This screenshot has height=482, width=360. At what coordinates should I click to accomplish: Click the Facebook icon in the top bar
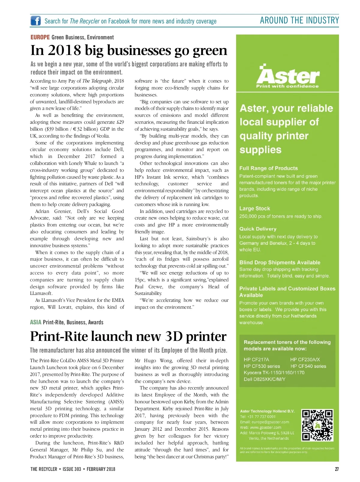pyautogui.click(x=36, y=21)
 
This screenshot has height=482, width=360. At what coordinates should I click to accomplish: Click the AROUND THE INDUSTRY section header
pyautogui.click(x=299, y=20)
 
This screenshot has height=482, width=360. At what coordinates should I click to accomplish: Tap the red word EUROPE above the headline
pyautogui.click(x=40, y=37)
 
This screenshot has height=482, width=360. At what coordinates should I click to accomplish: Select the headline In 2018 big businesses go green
pyautogui.click(x=129, y=50)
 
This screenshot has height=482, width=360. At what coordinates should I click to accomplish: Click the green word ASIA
pyautogui.click(x=35, y=322)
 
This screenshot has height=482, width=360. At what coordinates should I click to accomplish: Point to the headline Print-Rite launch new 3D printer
pyautogui.click(x=128, y=336)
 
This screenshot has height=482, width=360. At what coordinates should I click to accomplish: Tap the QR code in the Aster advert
pyautogui.click(x=317, y=425)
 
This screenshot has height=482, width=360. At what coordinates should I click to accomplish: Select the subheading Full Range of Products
pyautogui.click(x=268, y=168)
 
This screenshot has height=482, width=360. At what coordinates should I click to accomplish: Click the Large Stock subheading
pyautogui.click(x=254, y=208)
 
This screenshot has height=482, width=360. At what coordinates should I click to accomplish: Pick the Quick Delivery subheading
pyautogui.click(x=258, y=229)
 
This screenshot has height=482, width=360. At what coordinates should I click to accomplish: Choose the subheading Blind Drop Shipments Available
pyautogui.click(x=280, y=262)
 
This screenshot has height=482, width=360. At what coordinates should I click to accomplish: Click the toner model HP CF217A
pyautogui.click(x=256, y=359)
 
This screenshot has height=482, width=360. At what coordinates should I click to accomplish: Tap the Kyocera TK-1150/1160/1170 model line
pyautogui.click(x=274, y=373)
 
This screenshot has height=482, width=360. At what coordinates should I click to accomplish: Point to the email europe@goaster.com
pyautogui.click(x=270, y=422)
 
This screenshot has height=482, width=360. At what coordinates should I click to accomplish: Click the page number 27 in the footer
pyautogui.click(x=337, y=469)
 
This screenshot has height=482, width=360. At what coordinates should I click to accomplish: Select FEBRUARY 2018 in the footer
pyautogui.click(x=101, y=469)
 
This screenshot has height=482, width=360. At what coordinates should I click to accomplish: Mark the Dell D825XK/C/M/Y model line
pyautogui.click(x=264, y=379)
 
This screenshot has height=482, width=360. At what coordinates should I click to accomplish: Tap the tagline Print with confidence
pyautogui.click(x=287, y=86)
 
